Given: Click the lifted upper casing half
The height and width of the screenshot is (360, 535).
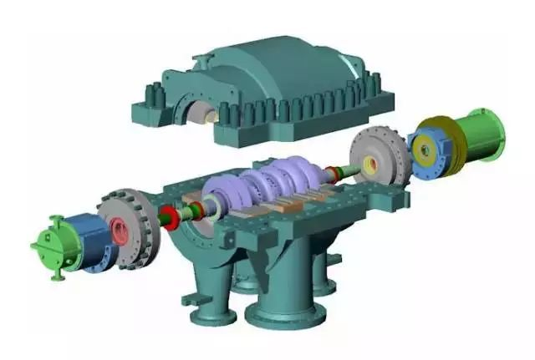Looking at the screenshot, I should click(x=276, y=92).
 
